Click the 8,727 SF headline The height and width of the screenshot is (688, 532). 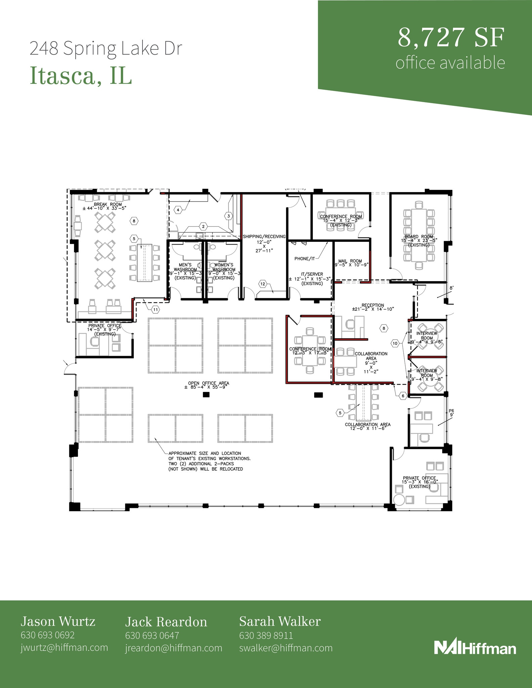pos(451,38)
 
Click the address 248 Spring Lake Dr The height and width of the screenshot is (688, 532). pos(106,48)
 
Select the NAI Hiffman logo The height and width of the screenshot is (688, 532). pos(475,647)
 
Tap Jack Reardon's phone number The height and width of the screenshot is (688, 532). pos(152,636)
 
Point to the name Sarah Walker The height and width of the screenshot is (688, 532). pos(280,621)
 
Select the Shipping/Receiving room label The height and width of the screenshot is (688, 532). pos(264,236)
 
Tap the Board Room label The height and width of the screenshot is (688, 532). pos(419,237)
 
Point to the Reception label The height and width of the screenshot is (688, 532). pos(373,305)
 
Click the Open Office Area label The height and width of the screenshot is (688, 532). pos(208,383)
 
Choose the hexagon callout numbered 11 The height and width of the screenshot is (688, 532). pos(155,309)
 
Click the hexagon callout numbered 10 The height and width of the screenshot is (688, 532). pos(395,343)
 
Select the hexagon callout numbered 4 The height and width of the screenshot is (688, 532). pos(178,210)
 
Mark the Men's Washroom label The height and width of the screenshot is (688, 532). pos(185,265)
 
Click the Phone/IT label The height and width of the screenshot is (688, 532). pos(304,259)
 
